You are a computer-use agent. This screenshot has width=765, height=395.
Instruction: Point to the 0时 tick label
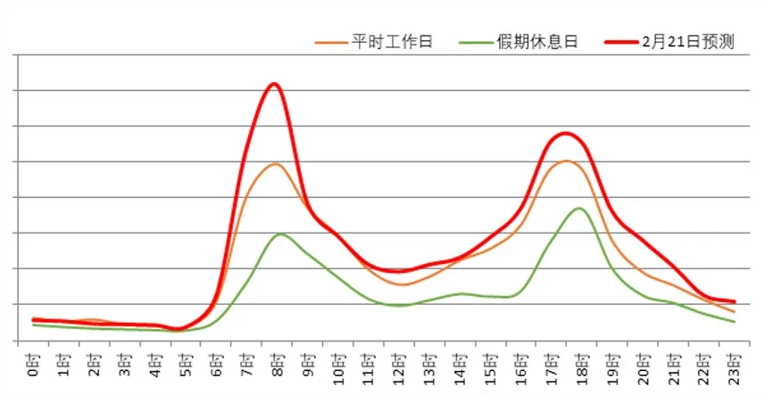click(x=32, y=363)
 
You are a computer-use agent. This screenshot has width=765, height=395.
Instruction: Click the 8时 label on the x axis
click(x=276, y=363)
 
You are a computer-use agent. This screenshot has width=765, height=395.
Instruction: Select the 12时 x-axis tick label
click(x=398, y=366)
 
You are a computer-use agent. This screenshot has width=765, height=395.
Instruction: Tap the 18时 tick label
click(x=581, y=366)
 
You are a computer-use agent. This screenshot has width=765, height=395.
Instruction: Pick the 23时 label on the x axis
click(x=734, y=366)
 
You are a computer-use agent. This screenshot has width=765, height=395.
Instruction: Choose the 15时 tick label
click(x=490, y=366)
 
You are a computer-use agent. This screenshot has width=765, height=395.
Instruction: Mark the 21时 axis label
click(x=673, y=366)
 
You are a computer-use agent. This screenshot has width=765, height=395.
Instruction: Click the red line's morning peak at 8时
click(x=274, y=85)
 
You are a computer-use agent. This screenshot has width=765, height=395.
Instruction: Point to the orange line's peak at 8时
click(x=274, y=164)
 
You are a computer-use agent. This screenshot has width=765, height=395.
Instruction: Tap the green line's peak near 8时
click(x=279, y=234)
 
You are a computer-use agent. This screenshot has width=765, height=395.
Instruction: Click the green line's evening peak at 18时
click(x=579, y=209)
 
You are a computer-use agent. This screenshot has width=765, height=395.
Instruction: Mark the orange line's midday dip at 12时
click(x=399, y=284)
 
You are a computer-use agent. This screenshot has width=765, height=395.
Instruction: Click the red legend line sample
click(x=619, y=42)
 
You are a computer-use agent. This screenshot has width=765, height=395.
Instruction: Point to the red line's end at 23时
click(x=734, y=301)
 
